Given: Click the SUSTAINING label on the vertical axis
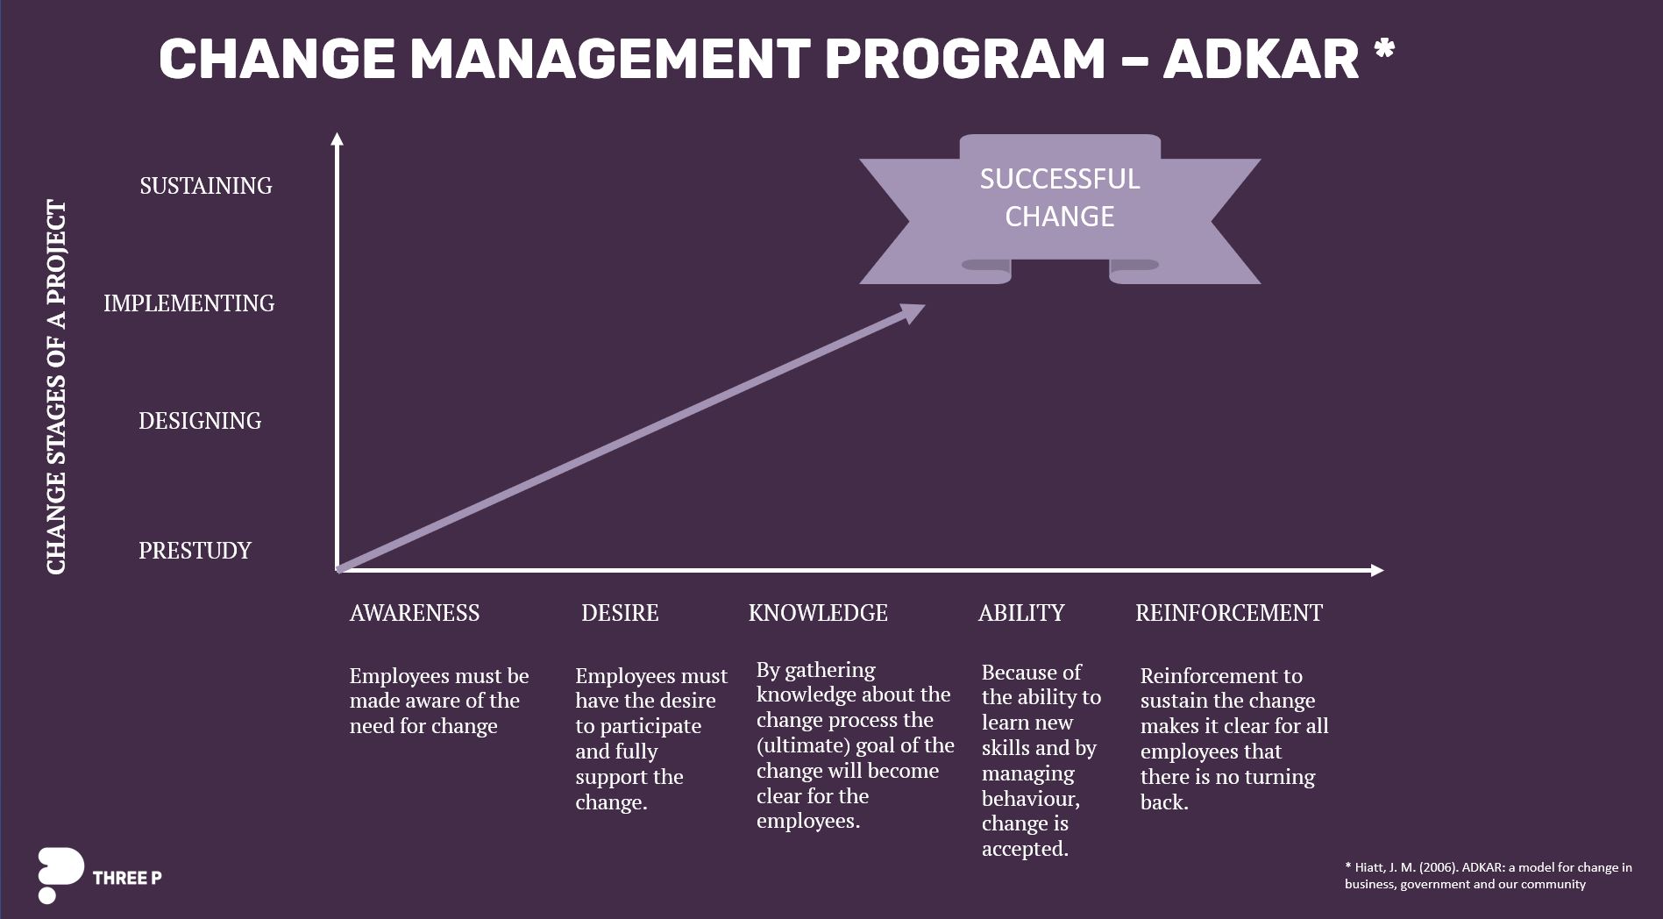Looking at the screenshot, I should (206, 186).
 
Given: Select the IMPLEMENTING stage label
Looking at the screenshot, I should (189, 303).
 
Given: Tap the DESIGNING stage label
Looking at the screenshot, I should (200, 421).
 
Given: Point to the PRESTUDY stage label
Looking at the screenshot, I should (195, 551).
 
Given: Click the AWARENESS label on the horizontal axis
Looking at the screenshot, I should (415, 613).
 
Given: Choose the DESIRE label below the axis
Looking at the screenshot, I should (620, 613).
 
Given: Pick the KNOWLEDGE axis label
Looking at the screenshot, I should (818, 613).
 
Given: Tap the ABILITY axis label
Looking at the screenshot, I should (1021, 613).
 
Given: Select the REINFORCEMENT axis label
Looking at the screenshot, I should (1229, 613).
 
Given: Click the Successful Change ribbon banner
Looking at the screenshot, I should (1059, 208).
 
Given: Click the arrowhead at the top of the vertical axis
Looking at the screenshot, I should (338, 138).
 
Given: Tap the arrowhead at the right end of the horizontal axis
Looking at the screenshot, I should (1377, 570).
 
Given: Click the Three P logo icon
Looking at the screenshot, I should (60, 874).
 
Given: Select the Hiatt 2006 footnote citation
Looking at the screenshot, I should (1488, 875).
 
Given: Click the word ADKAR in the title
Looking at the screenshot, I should (1261, 60).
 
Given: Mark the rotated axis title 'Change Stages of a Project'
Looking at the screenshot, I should (56, 387).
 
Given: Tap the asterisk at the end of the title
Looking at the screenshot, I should (1384, 49).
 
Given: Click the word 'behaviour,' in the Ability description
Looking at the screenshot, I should (1031, 799).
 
